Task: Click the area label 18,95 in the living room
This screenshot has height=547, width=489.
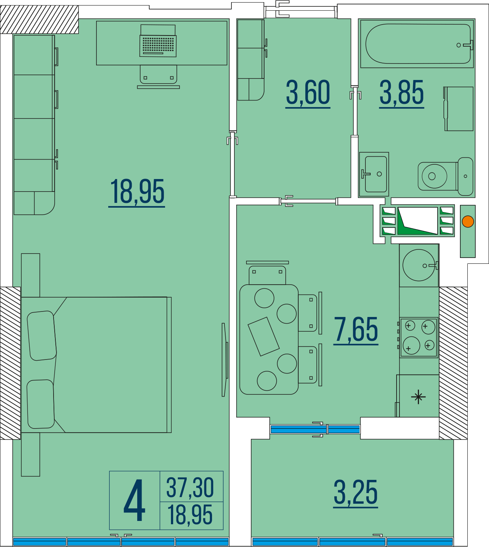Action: coord(137,192)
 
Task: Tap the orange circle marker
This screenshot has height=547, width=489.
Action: coord(468,222)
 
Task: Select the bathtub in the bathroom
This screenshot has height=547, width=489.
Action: coord(418,44)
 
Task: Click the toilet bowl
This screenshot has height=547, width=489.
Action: coord(445,176)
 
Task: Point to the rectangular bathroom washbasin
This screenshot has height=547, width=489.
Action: coord(374,174)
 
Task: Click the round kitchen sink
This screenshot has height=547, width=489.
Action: coord(419,265)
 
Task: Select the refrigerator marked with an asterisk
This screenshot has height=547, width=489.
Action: coord(418,397)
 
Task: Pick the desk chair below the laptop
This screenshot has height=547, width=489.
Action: coord(158,77)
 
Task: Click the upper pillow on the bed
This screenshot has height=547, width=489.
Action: coord(41,336)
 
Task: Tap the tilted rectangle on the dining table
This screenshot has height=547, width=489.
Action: coord(263,336)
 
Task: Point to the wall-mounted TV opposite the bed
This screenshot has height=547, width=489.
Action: coord(225,360)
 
